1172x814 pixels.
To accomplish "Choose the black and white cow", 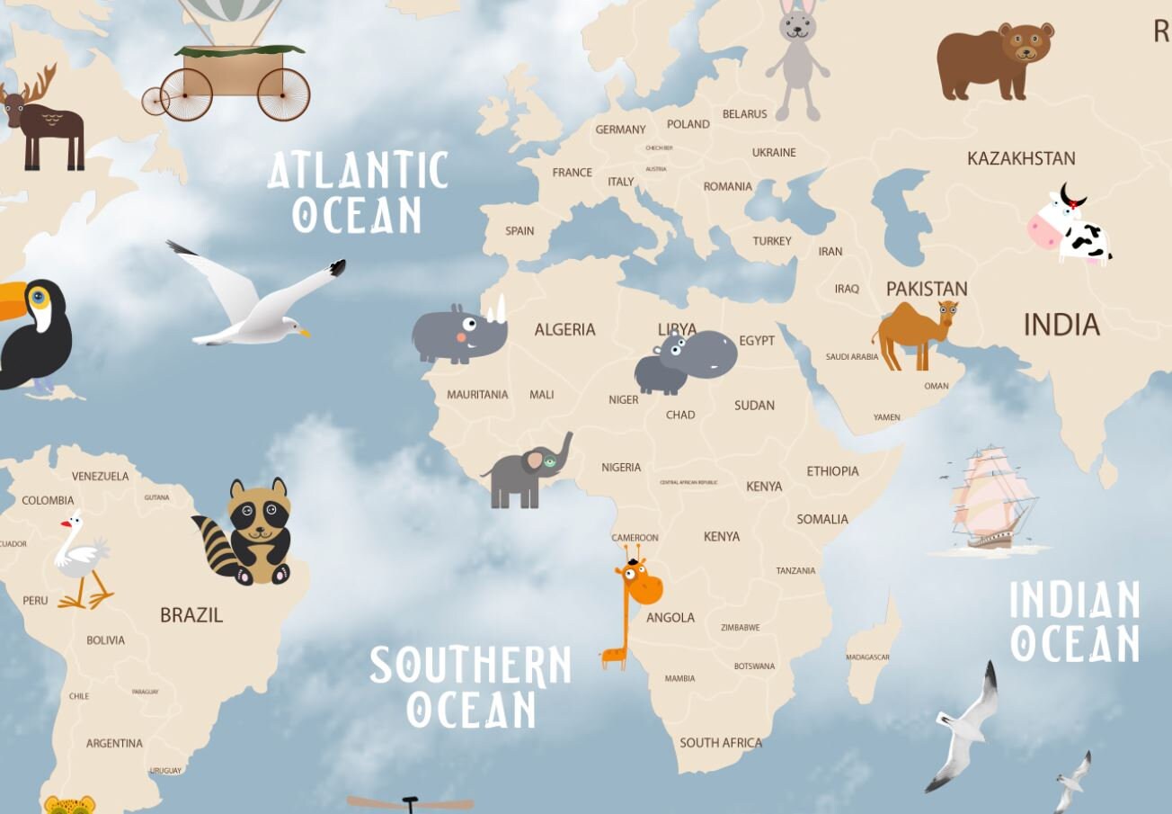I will [x=1071, y=228].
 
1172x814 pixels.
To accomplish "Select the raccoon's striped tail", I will [x=217, y=543].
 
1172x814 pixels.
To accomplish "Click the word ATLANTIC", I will [x=358, y=170].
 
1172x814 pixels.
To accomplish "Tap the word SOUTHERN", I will [x=470, y=666].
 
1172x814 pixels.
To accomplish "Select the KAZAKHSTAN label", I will [x=1021, y=158].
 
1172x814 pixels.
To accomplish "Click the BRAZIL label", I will [x=191, y=615].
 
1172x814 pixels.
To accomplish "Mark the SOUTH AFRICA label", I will [x=721, y=743].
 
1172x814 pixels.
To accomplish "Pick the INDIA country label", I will [x=1061, y=325].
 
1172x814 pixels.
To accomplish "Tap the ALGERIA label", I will [x=564, y=330].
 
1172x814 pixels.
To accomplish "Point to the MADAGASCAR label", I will [x=867, y=657].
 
